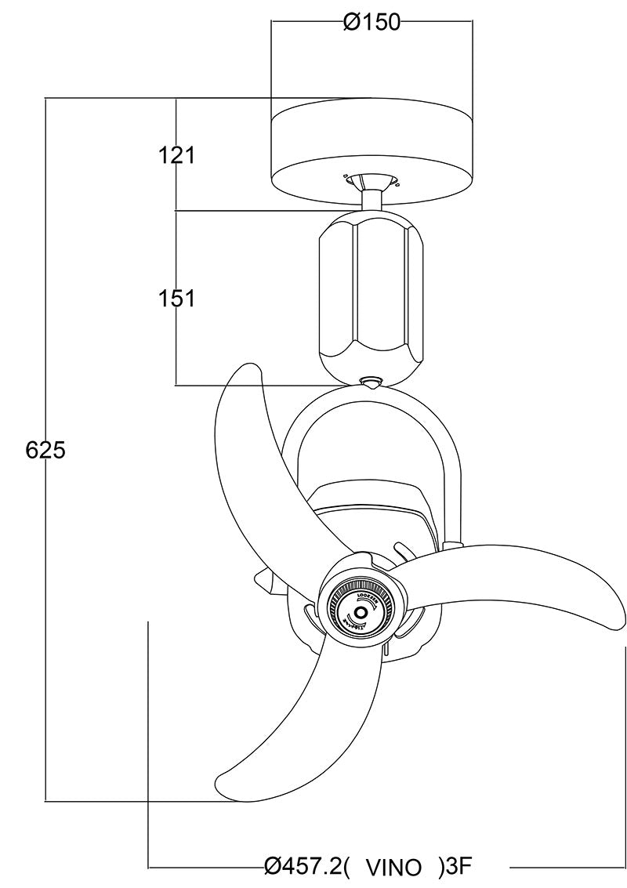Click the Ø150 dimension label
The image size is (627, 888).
point(371,23)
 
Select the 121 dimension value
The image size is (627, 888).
point(176,155)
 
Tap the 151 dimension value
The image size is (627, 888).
point(176,298)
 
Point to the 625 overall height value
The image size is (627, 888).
point(45,450)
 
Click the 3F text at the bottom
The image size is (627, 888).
point(458,866)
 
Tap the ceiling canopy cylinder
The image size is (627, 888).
point(371,149)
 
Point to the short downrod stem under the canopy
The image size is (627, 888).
point(371,201)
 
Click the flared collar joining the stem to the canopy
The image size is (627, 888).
point(371,183)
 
